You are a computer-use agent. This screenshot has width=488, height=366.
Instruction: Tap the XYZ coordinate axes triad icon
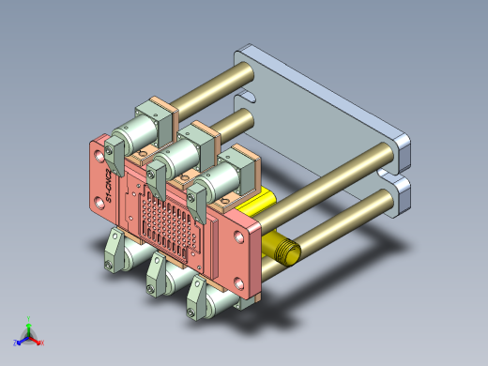(29, 331)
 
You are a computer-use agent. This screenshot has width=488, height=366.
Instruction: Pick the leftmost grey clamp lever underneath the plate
(114, 253)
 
